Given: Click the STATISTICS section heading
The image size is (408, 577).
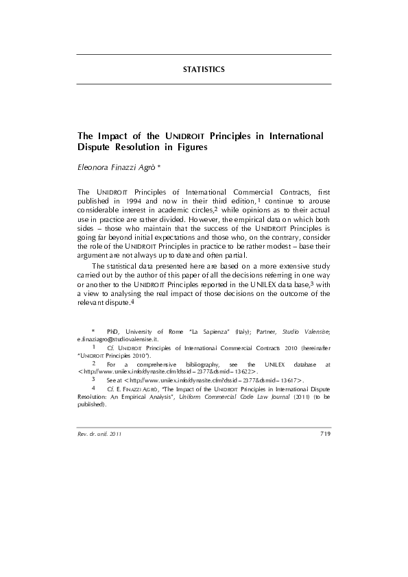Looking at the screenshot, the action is [204, 70].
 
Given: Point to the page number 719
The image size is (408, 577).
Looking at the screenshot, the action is [325, 434].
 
